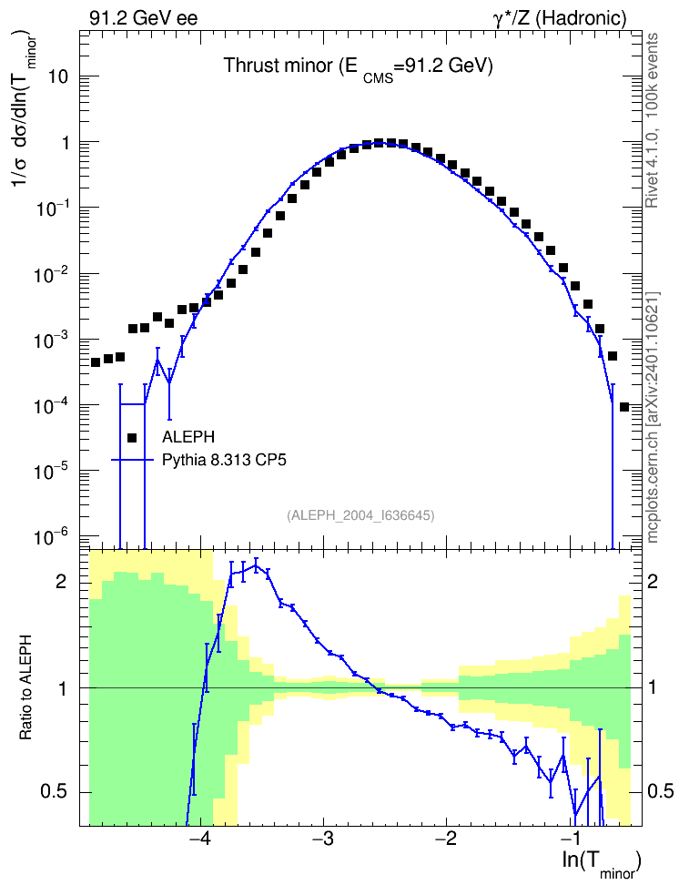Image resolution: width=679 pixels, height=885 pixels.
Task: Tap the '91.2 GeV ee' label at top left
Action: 144,18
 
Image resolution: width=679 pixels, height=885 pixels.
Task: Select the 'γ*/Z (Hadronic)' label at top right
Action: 560,18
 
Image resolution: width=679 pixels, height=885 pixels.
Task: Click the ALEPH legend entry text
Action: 188,437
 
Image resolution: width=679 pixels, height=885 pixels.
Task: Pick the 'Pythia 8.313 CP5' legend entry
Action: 224,460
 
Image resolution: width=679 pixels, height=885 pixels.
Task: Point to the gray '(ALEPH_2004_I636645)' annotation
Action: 360,515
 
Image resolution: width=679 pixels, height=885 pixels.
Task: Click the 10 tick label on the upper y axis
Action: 58,76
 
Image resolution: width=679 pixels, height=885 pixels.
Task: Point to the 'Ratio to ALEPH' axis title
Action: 25,688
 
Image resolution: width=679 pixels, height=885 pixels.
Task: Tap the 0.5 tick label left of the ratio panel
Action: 55,792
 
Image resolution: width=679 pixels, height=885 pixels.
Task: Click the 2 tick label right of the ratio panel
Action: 653,581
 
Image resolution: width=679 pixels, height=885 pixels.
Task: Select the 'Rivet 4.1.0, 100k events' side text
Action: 652,120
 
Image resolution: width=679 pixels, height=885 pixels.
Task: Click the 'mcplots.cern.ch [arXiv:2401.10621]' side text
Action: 653,417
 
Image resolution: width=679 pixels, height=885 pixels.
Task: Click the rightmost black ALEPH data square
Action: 624,407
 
